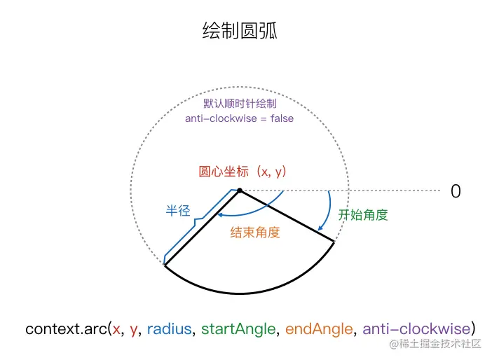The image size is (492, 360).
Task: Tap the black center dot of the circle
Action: (239, 190)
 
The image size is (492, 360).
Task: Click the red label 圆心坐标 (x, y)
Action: (244, 171)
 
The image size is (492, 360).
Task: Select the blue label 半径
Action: (177, 210)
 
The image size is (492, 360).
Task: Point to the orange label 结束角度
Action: (255, 233)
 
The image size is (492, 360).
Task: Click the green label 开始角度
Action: (363, 215)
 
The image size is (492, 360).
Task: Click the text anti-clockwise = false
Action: (239, 118)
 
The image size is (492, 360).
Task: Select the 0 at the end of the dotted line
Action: (456, 191)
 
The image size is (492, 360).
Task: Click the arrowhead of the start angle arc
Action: (320, 228)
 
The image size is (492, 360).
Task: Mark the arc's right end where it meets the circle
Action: (334, 242)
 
